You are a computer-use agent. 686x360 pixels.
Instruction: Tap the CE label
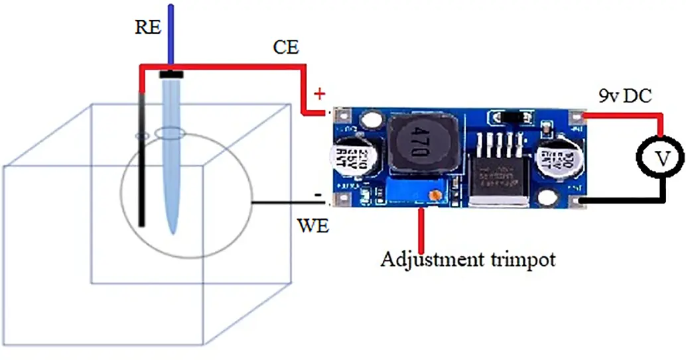(x=286, y=47)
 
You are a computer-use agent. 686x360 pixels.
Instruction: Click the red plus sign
(x=320, y=93)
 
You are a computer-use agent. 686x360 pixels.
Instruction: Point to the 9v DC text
(x=624, y=97)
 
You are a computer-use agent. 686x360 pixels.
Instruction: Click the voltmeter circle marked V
(x=661, y=158)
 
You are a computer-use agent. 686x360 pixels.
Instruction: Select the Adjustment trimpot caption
(x=468, y=259)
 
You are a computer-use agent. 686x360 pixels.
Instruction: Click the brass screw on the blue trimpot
(x=435, y=196)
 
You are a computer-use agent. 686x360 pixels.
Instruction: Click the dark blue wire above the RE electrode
(x=171, y=33)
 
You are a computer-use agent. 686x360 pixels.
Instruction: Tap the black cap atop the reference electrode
(x=172, y=74)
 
